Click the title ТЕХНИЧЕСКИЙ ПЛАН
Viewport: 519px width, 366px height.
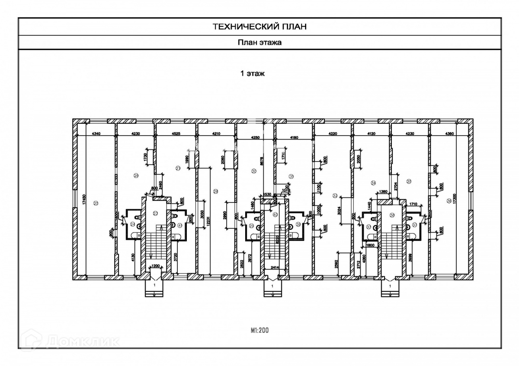259,26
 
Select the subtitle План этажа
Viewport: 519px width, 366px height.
259,42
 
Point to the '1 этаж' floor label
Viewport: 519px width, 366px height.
253,73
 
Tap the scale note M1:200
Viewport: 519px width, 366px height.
259,331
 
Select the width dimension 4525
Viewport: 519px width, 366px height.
175,133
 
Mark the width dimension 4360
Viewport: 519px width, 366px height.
449,133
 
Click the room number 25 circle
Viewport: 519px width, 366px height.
96,203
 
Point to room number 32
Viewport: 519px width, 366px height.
335,196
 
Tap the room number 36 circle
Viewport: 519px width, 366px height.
449,201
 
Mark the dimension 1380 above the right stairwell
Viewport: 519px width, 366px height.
383,191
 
